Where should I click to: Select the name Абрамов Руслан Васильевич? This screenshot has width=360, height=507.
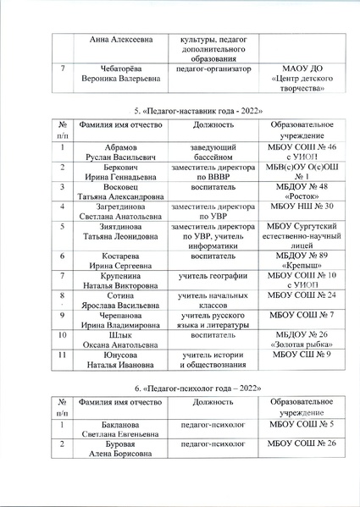pyautogui.click(x=121, y=151)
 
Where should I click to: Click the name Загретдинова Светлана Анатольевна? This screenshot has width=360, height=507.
pyautogui.click(x=121, y=212)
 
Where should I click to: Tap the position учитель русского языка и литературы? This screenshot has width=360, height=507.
pyautogui.click(x=208, y=320)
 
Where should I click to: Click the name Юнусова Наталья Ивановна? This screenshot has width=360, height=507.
pyautogui.click(x=121, y=361)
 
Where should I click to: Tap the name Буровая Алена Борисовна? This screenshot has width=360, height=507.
pyautogui.click(x=121, y=449)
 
